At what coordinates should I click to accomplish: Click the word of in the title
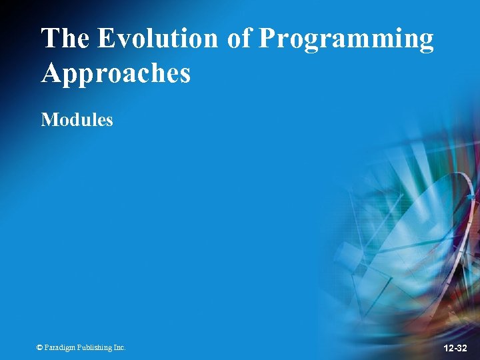(x=239, y=39)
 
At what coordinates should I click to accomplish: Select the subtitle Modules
(x=77, y=120)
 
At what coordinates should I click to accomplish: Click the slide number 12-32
(x=455, y=348)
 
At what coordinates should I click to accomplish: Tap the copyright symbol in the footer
(x=39, y=347)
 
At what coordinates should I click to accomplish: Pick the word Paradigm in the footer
(x=60, y=347)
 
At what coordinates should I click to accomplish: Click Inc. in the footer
(x=119, y=347)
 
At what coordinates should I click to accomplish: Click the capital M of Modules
(x=48, y=120)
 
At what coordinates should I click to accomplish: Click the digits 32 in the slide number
(x=463, y=348)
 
